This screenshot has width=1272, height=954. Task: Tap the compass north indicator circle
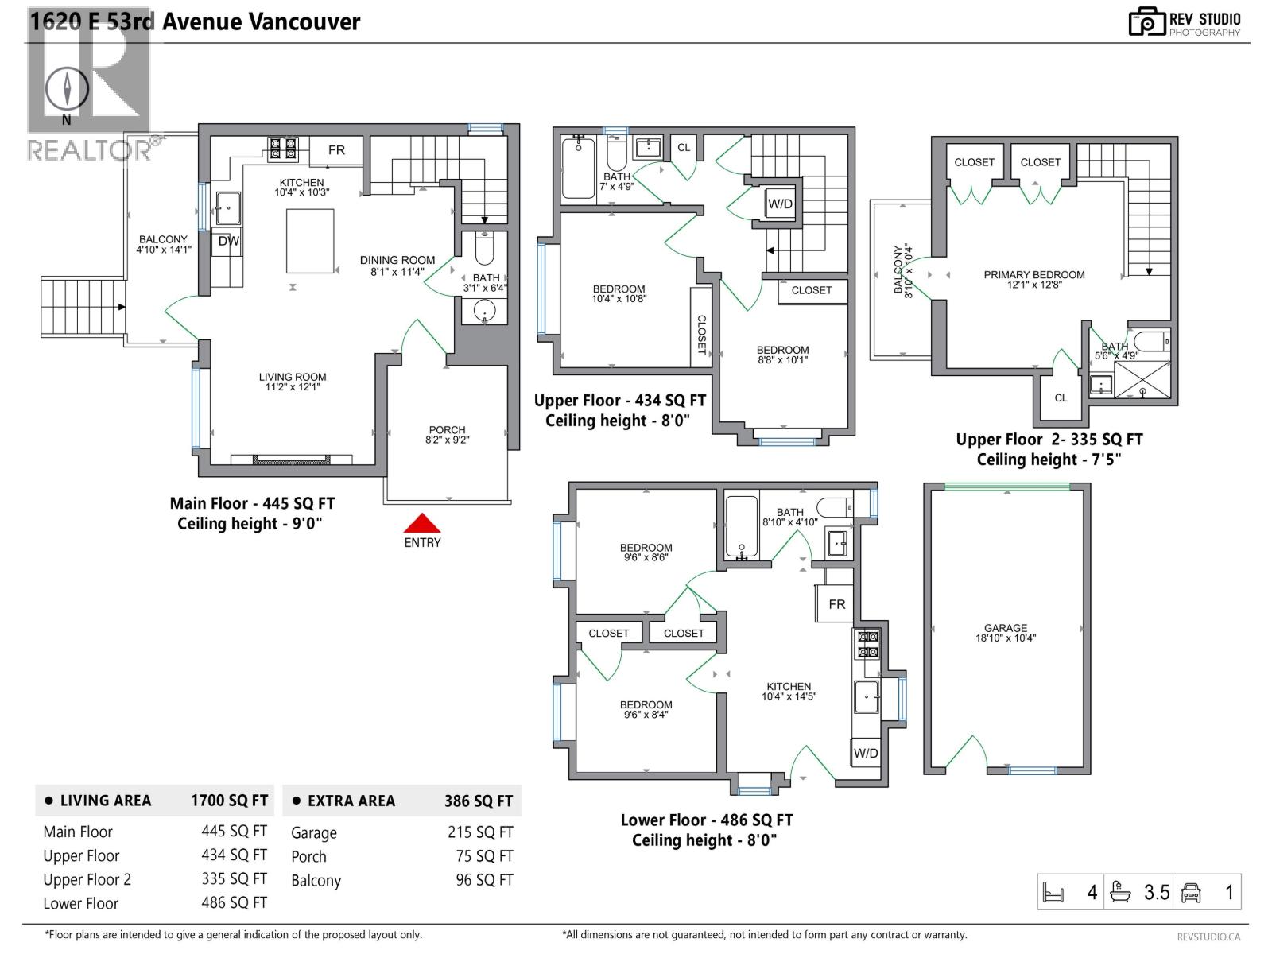67,89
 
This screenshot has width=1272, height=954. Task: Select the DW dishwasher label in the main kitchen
228,241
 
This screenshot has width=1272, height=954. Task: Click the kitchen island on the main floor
310,241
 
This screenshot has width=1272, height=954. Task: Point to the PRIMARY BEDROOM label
1033,274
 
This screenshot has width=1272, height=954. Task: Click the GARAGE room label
1006,628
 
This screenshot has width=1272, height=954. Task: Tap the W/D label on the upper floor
780,204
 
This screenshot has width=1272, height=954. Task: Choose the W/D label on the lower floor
865,753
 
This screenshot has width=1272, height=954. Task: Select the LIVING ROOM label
292,377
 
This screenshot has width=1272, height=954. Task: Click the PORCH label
447,430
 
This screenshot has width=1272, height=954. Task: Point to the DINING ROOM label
397,260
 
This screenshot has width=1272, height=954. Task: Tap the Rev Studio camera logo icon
1147,22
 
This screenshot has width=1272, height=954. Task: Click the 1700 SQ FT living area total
230,801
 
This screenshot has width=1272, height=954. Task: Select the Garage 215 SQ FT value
480,832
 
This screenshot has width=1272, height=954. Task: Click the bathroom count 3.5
1157,892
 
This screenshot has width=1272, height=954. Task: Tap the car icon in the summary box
1191,893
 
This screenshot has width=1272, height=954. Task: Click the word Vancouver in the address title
304,22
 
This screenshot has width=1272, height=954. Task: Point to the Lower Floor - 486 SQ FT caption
707,820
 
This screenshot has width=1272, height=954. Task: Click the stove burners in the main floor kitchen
282,149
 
